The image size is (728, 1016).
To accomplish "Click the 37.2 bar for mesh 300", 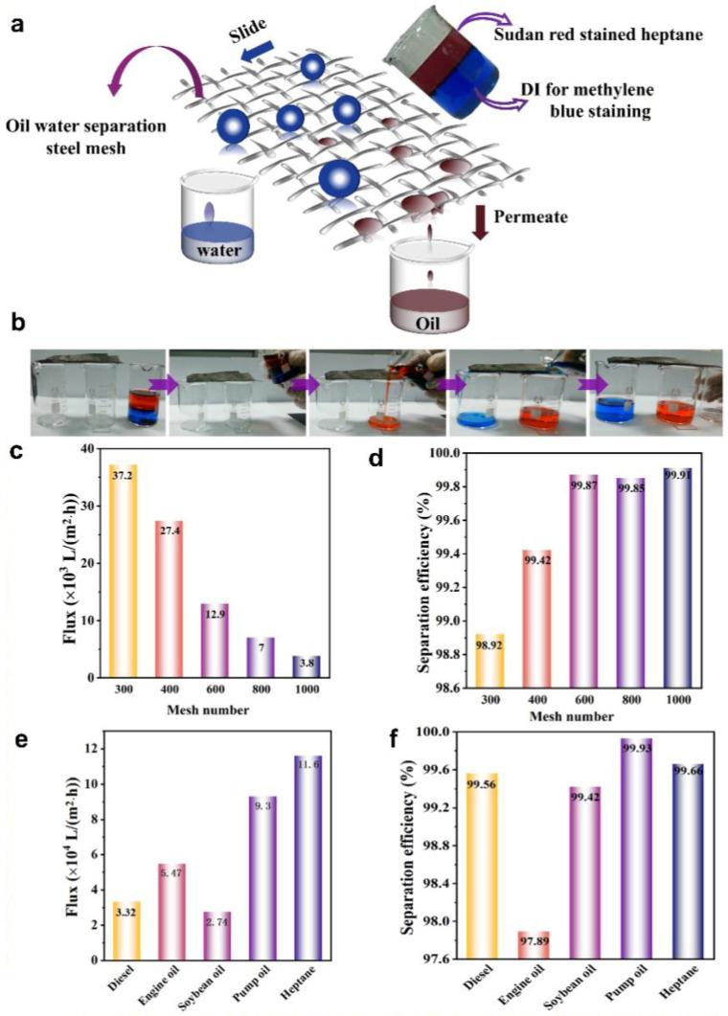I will point(124,571).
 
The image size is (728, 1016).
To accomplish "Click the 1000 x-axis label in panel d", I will point(679,699).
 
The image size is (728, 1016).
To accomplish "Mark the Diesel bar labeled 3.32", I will point(124,930).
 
